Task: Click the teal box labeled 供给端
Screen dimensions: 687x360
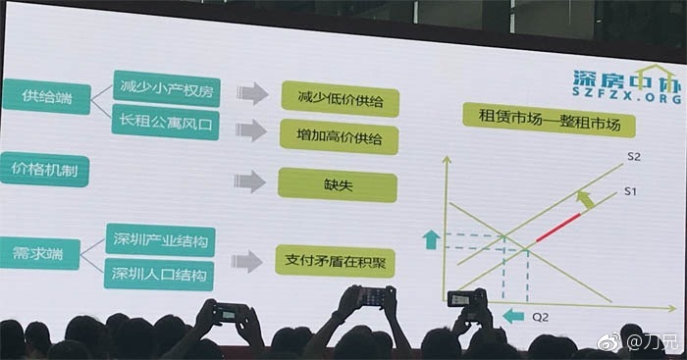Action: tap(46, 96)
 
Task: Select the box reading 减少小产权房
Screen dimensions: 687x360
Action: tap(167, 88)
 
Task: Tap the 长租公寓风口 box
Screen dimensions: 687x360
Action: tap(165, 123)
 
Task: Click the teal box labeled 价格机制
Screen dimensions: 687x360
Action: tap(44, 170)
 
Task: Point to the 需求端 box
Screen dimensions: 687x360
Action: tap(39, 253)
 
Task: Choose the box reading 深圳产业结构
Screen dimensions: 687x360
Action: tap(160, 240)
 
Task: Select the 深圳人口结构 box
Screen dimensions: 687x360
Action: tap(159, 275)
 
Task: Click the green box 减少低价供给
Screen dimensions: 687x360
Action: tap(340, 99)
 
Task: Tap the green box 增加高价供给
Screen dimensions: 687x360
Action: tap(340, 136)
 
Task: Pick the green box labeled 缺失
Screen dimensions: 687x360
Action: tap(338, 185)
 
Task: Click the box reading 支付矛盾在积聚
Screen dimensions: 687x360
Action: tap(336, 262)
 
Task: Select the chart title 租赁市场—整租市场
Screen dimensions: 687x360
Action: tap(549, 120)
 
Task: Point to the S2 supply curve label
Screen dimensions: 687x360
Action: tap(634, 157)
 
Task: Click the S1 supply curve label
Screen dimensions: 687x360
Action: tap(630, 191)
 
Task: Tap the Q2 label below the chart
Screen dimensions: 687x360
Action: tap(540, 317)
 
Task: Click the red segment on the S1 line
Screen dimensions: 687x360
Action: tap(558, 228)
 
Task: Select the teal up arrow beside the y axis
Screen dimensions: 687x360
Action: tap(431, 240)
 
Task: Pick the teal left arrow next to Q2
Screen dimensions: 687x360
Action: tap(513, 316)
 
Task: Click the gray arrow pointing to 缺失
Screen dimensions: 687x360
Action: tap(249, 181)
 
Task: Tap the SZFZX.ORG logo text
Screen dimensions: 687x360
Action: tap(627, 96)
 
